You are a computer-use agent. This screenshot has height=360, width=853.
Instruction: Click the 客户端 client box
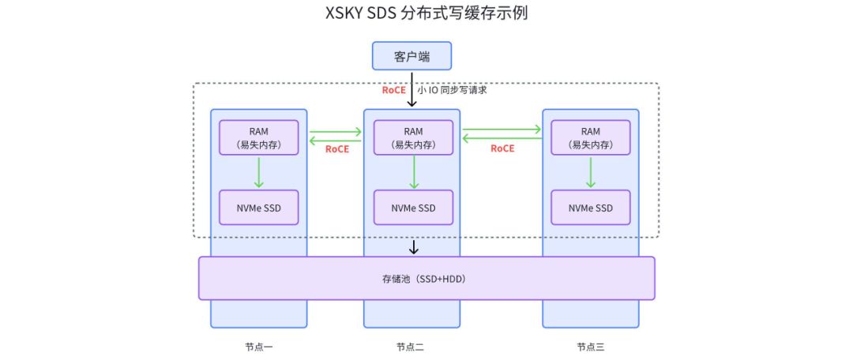pos(411,56)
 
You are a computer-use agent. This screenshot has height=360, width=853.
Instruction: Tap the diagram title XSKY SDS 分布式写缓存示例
pos(426,13)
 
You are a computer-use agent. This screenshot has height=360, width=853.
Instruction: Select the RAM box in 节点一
pos(258,137)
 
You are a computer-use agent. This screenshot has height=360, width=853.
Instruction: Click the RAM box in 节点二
pos(413,137)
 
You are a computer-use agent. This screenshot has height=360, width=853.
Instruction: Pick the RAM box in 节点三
pos(590,137)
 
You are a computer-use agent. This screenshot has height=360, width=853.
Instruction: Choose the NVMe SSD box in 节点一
pos(258,208)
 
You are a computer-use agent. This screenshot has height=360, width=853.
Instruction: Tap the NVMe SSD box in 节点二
pos(413,208)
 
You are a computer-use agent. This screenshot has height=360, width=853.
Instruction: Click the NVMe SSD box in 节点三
pos(590,208)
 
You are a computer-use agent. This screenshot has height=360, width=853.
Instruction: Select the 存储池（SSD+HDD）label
pos(426,279)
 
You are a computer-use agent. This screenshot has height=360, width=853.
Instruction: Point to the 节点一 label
pos(258,347)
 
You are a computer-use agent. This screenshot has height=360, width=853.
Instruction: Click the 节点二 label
pos(411,347)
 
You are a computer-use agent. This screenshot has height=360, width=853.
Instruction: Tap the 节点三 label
pos(590,347)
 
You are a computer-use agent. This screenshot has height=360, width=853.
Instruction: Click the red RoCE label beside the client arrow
pos(393,90)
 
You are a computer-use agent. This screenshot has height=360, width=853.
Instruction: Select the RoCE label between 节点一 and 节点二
pos(337,148)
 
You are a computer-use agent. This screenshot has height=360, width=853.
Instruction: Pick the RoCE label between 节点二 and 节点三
pos(502,148)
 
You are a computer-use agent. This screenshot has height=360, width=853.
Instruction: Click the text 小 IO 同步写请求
pos(452,90)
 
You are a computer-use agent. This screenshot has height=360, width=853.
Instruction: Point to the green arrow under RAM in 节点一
pos(258,172)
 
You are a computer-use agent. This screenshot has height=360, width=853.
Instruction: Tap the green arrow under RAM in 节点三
pos(590,172)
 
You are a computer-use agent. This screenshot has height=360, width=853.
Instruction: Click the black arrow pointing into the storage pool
pos(413,247)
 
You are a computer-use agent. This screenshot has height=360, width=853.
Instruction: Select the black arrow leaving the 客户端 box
pos(411,88)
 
